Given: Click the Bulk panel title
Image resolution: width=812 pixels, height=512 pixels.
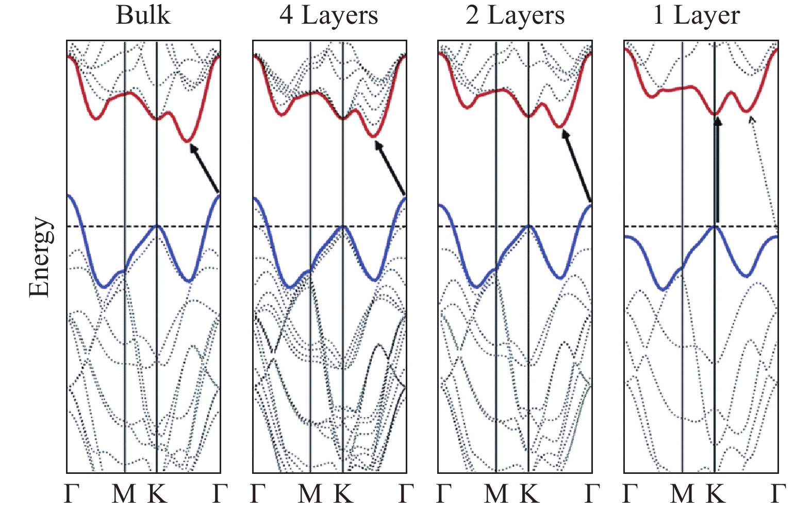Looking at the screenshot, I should point(143,15).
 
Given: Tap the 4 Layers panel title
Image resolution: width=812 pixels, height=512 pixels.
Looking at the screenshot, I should point(329,15).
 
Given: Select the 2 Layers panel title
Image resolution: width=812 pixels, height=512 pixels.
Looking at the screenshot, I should point(515,15).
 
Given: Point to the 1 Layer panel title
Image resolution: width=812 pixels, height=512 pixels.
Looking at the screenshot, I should point(697,15).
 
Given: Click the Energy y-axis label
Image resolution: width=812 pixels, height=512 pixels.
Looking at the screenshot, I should point(40,257).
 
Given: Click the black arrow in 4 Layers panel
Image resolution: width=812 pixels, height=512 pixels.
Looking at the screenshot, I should point(390,168).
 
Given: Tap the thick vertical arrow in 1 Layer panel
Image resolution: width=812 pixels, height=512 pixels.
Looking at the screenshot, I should point(717,170).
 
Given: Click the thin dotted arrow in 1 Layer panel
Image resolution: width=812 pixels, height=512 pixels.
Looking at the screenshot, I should point(764,170).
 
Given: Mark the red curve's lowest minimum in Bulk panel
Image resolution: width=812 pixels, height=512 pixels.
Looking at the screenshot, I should point(188,141).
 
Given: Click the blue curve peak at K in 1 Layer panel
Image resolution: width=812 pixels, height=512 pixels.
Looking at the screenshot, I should point(715,226).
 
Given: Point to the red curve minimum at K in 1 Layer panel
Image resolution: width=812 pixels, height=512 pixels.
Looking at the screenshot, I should point(715,114).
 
